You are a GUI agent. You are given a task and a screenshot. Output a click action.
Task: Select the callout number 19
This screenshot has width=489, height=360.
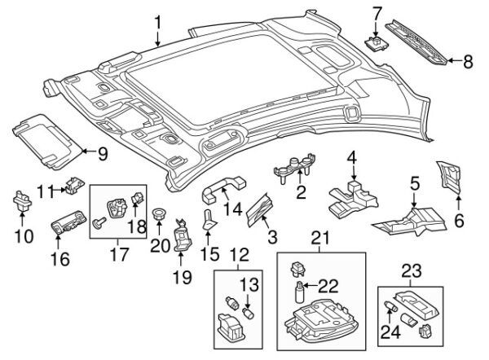click(181, 277)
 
